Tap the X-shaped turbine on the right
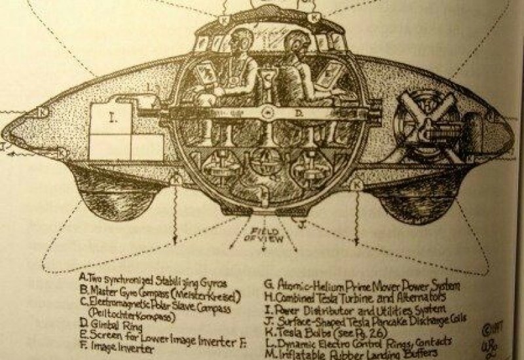432,118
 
